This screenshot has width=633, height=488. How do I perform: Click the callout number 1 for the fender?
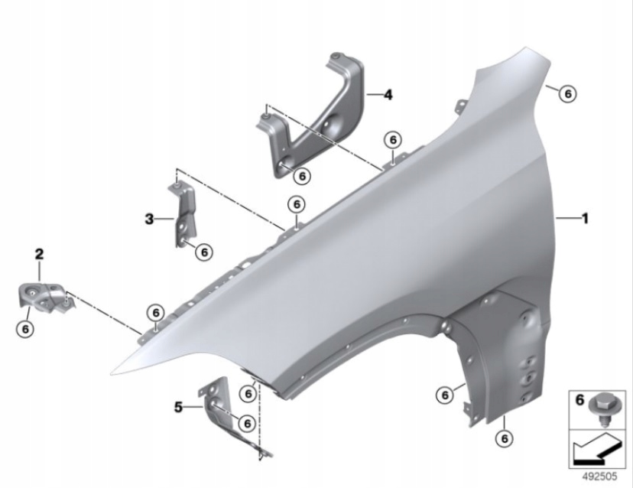point(585,219)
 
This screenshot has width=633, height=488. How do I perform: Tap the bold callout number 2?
point(39,254)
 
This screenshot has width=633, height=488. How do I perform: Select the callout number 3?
point(149,220)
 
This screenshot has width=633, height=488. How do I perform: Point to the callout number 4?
point(388,95)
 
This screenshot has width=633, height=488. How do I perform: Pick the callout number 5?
point(178,407)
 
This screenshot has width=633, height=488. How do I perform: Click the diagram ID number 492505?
point(599,477)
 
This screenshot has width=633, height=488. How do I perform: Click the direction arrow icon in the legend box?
point(596,449)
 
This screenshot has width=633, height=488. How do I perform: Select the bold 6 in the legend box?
point(579,400)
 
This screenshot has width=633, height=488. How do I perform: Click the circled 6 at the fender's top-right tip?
point(568,94)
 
